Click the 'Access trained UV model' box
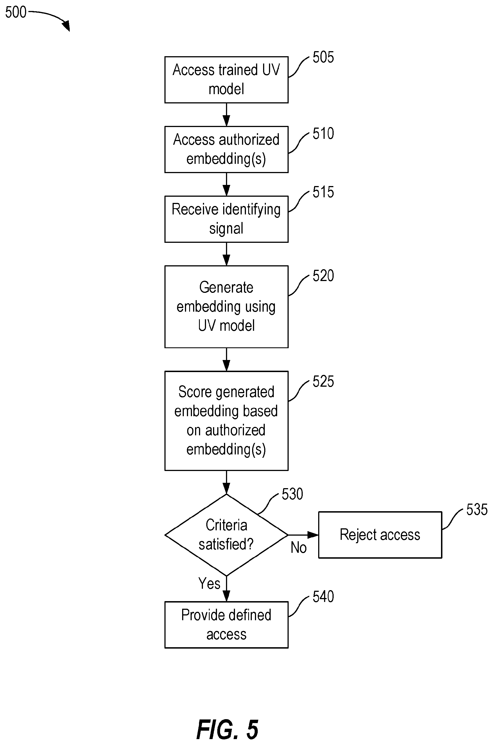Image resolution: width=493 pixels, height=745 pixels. tap(226, 80)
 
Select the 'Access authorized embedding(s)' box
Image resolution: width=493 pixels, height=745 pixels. tap(226, 150)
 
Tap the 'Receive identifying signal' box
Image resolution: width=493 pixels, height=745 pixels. tap(226, 219)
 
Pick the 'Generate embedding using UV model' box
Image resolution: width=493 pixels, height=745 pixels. tap(226, 307)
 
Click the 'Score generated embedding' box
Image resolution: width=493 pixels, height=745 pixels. tap(226, 421)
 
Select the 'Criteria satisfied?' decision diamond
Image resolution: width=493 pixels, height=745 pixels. tap(226, 535)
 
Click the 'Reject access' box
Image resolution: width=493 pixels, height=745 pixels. tap(380, 535)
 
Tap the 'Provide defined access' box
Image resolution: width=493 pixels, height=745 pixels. tap(226, 625)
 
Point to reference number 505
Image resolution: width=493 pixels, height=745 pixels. tap(323, 58)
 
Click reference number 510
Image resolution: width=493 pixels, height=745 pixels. tap(323, 133)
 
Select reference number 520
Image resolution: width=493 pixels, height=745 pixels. tap(323, 276)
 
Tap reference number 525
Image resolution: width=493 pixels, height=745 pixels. tap(323, 382)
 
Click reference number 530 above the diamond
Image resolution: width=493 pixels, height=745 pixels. tap(292, 494)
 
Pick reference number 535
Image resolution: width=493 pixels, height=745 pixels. tap(477, 510)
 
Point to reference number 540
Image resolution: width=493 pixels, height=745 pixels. tap(323, 597)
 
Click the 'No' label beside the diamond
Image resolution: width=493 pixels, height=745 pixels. tap(299, 548)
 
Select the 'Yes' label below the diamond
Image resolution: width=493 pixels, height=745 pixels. tap(209, 583)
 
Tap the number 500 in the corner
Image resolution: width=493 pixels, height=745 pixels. tap(16, 13)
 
